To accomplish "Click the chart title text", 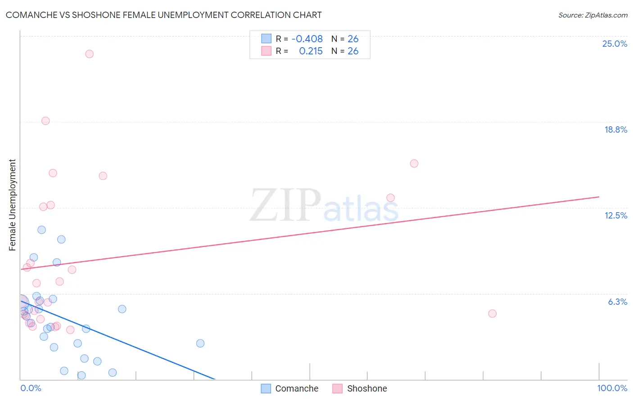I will point(163,15).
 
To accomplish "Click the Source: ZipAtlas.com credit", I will point(592,15).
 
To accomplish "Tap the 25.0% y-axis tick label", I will point(614,44).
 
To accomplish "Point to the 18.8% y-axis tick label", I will point(615,129).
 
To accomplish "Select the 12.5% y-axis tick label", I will point(615,215).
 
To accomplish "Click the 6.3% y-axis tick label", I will point(617,302).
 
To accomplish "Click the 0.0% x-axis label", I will point(31,388).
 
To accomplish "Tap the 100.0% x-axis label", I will point(612,388).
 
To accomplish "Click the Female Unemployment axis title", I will point(12,205).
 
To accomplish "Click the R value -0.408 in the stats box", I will point(307,39).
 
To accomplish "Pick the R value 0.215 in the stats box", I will point(311,51).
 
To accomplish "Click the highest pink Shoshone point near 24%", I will point(89,54).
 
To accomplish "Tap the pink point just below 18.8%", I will point(45,121).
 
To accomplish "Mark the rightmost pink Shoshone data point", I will point(492,313).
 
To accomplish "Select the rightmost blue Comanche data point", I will point(200,343).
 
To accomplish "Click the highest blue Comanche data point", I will point(41,230).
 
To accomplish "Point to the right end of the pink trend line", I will point(599,197).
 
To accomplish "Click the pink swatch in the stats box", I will point(266,51).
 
